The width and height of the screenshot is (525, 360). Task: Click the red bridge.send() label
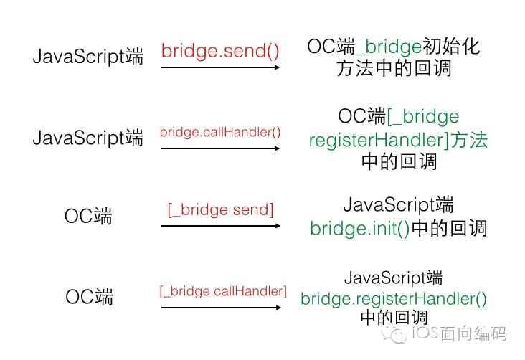click(219, 52)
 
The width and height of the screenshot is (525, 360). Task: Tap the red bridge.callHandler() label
click(219, 132)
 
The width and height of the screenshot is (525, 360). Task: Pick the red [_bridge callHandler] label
click(222, 291)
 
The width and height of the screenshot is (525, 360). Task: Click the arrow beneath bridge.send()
click(219, 67)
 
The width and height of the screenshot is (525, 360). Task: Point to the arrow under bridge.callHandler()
click(219, 148)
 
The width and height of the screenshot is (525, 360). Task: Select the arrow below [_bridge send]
click(219, 225)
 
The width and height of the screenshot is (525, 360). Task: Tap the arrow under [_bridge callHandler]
click(219, 308)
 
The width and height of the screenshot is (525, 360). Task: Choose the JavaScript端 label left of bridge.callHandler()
click(87, 138)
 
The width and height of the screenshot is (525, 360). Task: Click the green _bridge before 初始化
click(389, 47)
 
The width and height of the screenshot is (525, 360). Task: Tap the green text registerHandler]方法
click(398, 140)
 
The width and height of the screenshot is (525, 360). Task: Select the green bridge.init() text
click(359, 228)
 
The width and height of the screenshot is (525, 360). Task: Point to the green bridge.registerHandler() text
click(393, 298)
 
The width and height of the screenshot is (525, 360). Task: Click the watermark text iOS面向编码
click(459, 334)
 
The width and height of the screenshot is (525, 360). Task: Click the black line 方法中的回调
click(394, 69)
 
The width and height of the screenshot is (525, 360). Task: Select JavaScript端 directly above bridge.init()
click(398, 204)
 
